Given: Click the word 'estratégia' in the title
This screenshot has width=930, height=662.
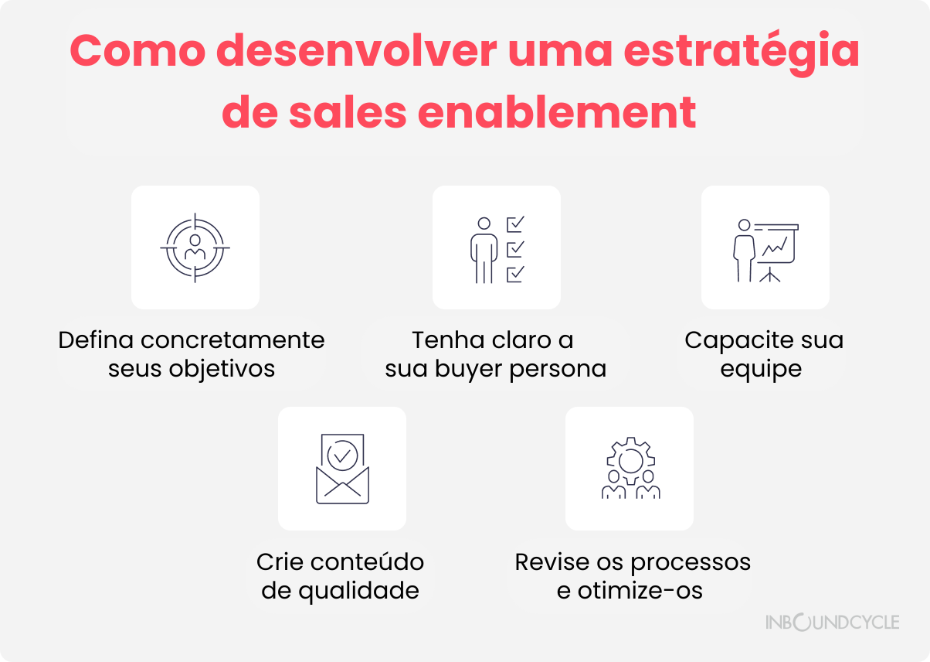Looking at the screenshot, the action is point(742,52).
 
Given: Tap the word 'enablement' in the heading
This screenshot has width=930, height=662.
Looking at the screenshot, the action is point(556,112).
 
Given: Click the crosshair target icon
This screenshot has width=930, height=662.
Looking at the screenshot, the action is point(195,247).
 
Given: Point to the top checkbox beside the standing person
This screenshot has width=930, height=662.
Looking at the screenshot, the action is point(516,224).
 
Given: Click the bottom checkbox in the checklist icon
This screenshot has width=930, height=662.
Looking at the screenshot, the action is point(516,274).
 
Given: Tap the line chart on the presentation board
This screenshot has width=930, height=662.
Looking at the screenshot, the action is point(775,247).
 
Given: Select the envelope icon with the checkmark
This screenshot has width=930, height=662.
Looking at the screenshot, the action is point(342,469).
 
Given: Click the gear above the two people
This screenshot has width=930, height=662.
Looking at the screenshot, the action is point(630,460).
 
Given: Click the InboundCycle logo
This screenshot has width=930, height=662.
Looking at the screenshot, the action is point(833,622).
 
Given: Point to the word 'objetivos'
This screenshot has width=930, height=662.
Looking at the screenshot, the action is point(222,370).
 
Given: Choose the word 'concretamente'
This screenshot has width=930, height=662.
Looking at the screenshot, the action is point(232,340).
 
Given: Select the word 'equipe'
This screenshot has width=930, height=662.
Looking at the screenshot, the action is point(761,370).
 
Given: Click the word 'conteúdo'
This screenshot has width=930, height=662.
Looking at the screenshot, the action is point(367,561).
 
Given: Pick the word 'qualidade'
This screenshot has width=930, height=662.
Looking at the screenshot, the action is point(358,592).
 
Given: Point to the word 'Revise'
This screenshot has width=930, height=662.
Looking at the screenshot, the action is point(552,562).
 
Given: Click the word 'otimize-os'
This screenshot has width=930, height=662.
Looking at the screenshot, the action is point(640,591).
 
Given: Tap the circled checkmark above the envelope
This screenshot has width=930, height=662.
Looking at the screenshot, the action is point(342,456).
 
